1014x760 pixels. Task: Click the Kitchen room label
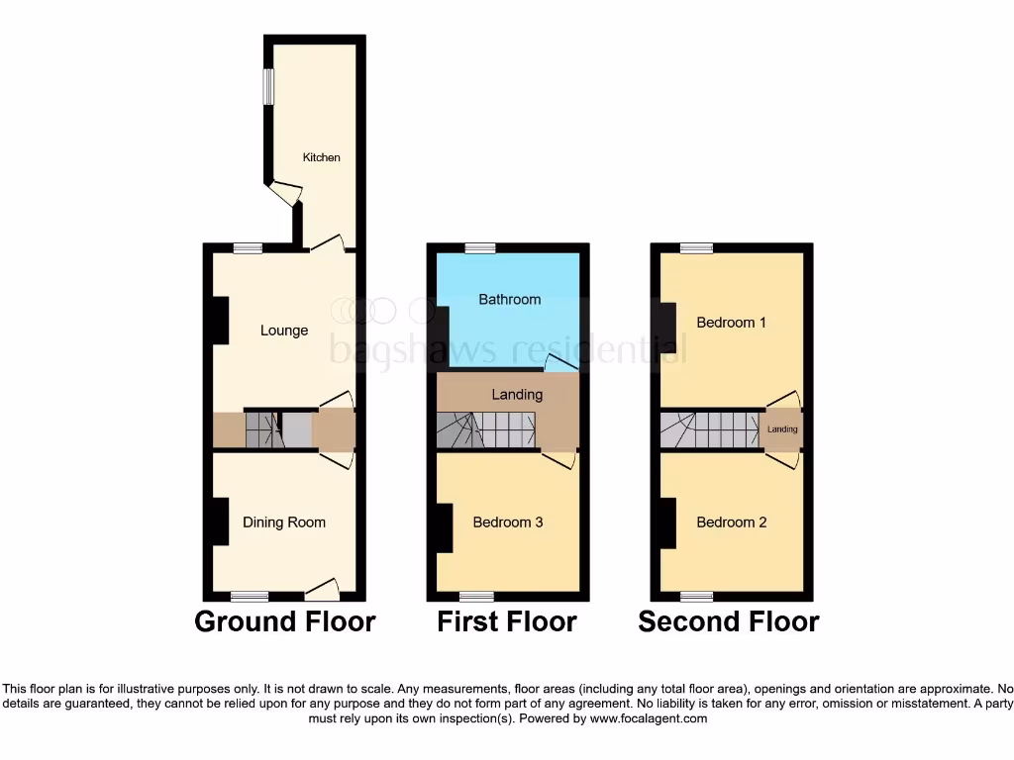pos(321,157)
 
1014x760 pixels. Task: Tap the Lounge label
pos(284,331)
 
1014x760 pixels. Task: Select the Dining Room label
pos(284,522)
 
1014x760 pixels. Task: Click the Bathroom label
pos(510,299)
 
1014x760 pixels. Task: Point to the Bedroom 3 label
pos(508,522)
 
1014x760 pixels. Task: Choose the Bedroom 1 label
pos(732,323)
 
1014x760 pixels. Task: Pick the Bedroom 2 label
pos(732,522)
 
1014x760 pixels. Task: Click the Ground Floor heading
pos(285,621)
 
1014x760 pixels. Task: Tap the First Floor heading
pos(507,621)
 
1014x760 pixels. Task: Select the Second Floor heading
pos(729,621)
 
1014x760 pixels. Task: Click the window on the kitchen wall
pos(267,85)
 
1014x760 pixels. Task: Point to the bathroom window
pos(481,247)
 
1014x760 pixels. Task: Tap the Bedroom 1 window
pos(697,247)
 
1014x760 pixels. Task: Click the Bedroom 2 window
pos(697,596)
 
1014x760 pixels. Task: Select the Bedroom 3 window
pos(476,596)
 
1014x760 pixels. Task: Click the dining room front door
pos(322,591)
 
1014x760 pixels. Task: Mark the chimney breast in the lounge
pos(220,321)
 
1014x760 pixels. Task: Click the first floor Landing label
pos(517,394)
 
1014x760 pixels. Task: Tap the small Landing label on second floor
pos(782,429)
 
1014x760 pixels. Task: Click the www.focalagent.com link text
pos(649,718)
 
